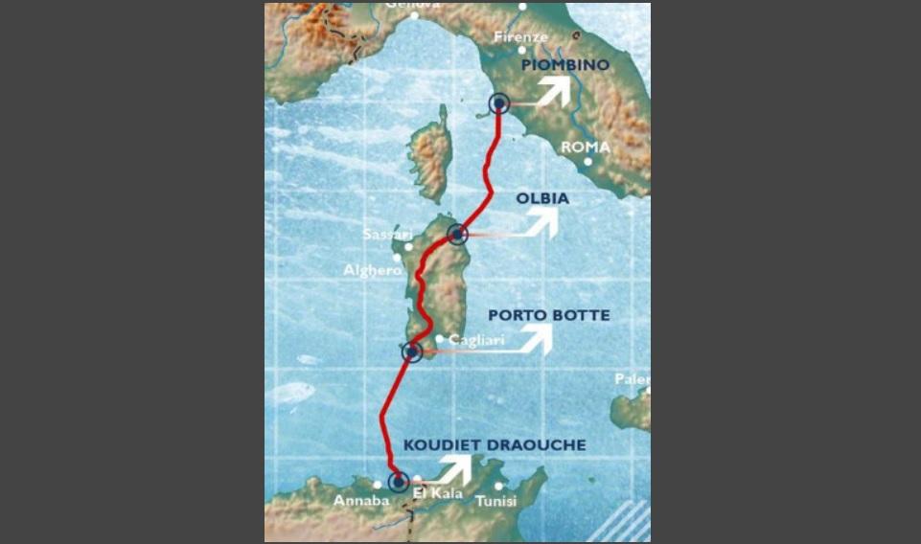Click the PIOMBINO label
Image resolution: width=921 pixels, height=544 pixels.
pos(564,64)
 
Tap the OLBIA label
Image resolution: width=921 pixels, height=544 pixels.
pos(542,198)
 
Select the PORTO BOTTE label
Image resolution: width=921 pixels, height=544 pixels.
pos(548,315)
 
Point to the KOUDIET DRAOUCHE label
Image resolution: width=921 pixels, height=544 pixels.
pos(495,445)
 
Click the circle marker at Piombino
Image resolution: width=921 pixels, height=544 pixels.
pos(499,103)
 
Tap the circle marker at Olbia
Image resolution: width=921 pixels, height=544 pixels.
pos(458,233)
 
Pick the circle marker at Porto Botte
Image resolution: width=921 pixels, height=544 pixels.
pos(412,352)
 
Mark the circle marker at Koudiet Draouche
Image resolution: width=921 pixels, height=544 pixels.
pos(398,482)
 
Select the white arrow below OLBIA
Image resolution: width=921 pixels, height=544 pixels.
pos(542,222)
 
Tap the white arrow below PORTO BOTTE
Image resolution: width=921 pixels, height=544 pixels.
pos(535,338)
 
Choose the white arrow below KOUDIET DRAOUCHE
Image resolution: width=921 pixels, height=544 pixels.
pos(455,468)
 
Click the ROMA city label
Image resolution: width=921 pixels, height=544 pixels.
pos(586,147)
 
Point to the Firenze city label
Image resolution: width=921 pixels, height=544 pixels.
pos(520,37)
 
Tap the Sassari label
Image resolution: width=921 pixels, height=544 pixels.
pos(387,235)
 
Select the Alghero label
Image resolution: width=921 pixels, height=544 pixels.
pos(373,270)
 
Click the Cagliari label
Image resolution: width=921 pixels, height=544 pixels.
pos(476,340)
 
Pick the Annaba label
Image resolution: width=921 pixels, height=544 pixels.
pos(361,501)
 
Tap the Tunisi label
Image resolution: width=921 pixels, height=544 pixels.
pos(495,501)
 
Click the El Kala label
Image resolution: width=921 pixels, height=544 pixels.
pos(438,494)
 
